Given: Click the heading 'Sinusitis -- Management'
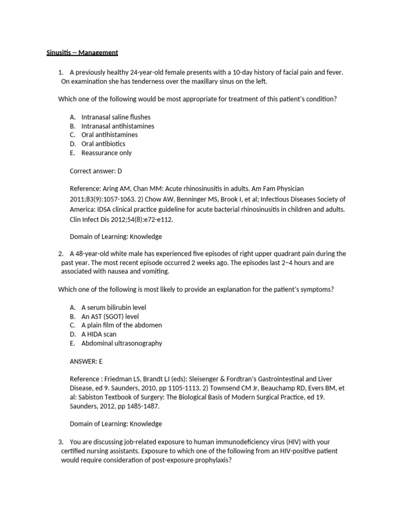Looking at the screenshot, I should pyautogui.click(x=79, y=53).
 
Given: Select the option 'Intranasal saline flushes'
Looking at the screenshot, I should pyautogui.click(x=115, y=117).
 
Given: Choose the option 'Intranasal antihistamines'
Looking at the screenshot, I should pyautogui.click(x=118, y=126).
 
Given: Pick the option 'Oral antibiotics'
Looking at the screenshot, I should pyautogui.click(x=103, y=144).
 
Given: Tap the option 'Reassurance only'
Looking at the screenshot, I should pyautogui.click(x=106, y=153).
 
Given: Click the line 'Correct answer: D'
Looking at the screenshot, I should pyautogui.click(x=95, y=171).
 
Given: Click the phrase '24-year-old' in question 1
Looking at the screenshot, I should pyautogui.click(x=147, y=73).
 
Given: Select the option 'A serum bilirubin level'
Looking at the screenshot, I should pyautogui.click(x=113, y=307).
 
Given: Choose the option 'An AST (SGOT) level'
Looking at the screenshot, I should pyautogui.click(x=110, y=316).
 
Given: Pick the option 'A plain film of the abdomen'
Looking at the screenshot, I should pyautogui.click(x=122, y=325).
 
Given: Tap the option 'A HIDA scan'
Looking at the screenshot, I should pyautogui.click(x=98, y=334).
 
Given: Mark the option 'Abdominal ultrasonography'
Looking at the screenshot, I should pyautogui.click(x=122, y=343).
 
